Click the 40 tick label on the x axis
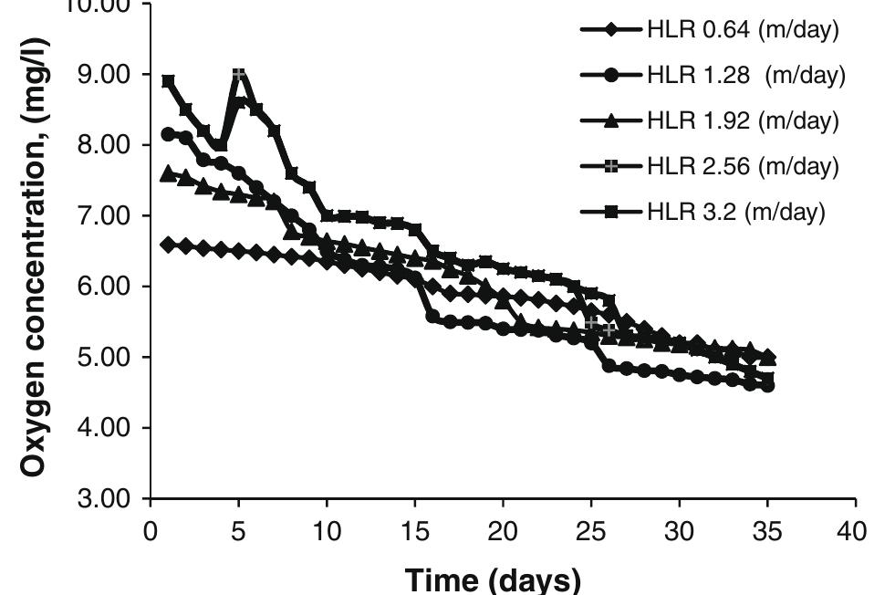[855, 531]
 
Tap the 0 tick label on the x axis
[150, 531]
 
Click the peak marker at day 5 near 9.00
[238, 74]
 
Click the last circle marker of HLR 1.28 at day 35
[768, 386]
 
